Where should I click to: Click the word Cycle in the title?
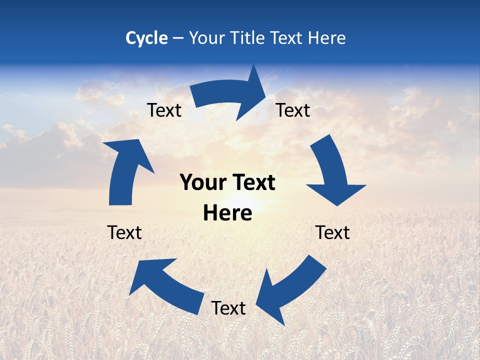pyautogui.click(x=146, y=38)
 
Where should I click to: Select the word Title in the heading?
pyautogui.click(x=248, y=38)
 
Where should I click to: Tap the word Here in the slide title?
pyautogui.click(x=326, y=38)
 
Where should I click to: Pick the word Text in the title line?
pyautogui.click(x=287, y=38)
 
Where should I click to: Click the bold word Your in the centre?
pyautogui.click(x=203, y=183)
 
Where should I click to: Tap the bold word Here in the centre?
pyautogui.click(x=227, y=213)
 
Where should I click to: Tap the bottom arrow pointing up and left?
pyautogui.click(x=165, y=285)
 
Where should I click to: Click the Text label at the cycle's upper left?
pyautogui.click(x=164, y=110)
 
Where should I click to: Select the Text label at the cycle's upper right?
pyautogui.click(x=293, y=110)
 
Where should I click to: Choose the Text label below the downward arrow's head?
pyautogui.click(x=332, y=232)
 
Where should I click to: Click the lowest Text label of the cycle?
pyautogui.click(x=228, y=308)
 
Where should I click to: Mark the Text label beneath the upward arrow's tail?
pyautogui.click(x=124, y=232)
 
